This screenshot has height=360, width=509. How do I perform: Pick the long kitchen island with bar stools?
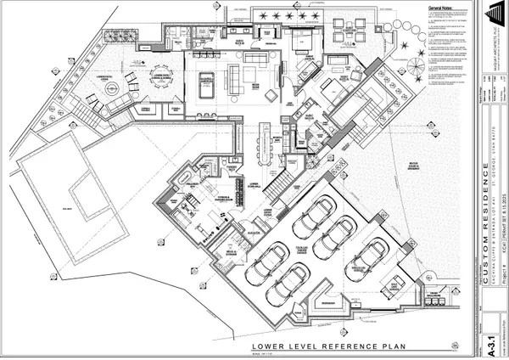(271, 145)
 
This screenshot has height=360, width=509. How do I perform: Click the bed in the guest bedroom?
(300, 42)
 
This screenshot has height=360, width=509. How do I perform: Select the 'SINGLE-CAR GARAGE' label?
(361, 267)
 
